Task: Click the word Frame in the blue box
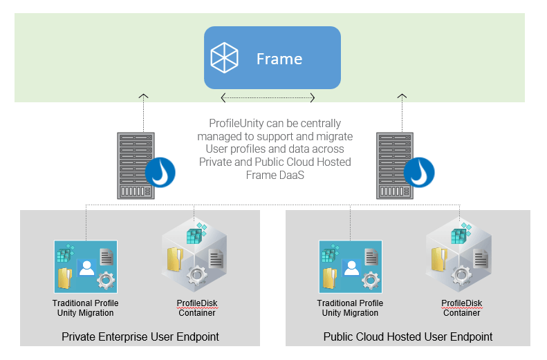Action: [x=279, y=59]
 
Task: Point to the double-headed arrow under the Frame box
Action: [x=268, y=97]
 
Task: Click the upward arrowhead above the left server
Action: [x=143, y=95]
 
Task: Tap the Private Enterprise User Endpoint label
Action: [x=140, y=337]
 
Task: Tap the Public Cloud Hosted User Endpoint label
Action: [x=407, y=337]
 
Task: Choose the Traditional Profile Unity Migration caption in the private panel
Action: [x=86, y=308]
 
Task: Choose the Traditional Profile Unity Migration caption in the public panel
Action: [x=351, y=308]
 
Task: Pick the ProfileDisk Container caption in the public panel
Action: [x=462, y=308]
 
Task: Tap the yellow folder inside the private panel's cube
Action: [x=174, y=259]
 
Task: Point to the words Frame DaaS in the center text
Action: [x=275, y=175]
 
